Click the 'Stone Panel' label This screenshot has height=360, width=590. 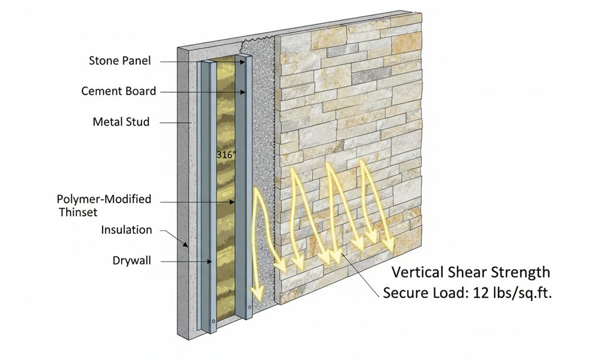click(x=120, y=61)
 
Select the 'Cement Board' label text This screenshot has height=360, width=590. click(x=119, y=91)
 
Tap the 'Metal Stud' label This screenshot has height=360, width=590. click(x=121, y=122)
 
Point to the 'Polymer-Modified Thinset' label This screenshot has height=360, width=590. click(x=104, y=205)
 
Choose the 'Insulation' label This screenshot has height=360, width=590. click(x=126, y=230)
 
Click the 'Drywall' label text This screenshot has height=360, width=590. click(x=132, y=260)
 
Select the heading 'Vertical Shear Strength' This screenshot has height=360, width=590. click(x=471, y=272)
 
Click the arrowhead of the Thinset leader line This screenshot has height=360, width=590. click(x=232, y=202)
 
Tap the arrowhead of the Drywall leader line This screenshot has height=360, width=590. click(x=209, y=261)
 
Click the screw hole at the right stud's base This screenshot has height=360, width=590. click(x=249, y=307)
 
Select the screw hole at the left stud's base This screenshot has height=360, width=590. click(x=214, y=321)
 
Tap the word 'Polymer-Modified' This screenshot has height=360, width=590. click(x=104, y=199)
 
